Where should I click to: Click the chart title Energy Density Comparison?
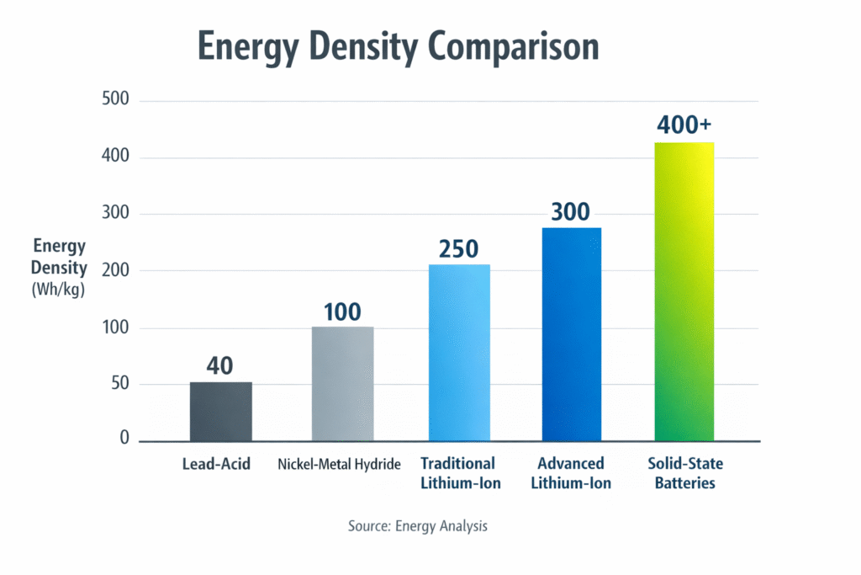coord(398,47)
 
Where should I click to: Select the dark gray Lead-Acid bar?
coord(220,412)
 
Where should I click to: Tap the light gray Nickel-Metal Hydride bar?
coord(342,384)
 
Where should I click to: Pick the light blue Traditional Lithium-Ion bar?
coord(459,353)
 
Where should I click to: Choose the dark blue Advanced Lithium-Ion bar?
coord(572,334)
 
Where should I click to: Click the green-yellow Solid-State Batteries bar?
coord(684,291)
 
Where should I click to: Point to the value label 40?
coord(219,366)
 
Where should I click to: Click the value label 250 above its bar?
coord(458,249)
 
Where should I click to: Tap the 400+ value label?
coord(684,125)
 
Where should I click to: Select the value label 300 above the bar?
coord(571,212)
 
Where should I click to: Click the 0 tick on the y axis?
coord(124,438)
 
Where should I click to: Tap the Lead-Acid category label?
coord(216,464)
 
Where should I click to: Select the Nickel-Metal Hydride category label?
coord(339,464)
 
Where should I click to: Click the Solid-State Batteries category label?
coord(685,473)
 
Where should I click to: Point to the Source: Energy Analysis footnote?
coord(418,525)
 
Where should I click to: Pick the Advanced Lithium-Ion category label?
coord(572,473)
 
